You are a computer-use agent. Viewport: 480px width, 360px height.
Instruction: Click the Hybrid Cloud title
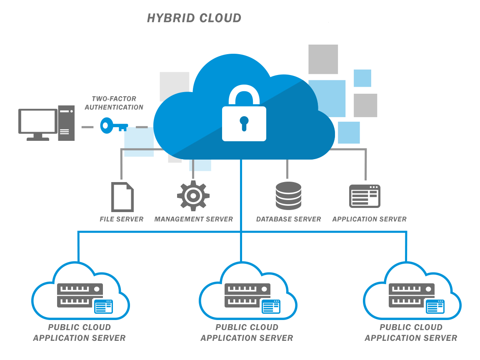point(194,18)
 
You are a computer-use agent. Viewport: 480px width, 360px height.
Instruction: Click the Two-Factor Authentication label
point(114,103)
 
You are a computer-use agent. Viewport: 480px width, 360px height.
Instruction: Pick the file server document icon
point(122,197)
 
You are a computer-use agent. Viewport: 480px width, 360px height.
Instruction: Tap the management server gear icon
point(193,196)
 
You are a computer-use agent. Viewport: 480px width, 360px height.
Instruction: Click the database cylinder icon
point(288,195)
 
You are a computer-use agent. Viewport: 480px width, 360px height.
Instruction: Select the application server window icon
point(365,196)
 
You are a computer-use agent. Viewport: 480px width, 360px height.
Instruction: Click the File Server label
point(121,219)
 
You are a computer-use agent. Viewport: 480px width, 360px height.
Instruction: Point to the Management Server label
point(193,219)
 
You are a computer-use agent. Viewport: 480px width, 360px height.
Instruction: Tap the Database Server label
point(288,219)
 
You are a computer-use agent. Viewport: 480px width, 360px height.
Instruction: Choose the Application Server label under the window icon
point(369,219)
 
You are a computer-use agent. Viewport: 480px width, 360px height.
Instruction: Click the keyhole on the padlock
point(244,123)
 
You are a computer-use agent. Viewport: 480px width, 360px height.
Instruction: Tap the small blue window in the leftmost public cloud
point(103,307)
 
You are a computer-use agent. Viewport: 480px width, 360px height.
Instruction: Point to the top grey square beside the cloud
point(323,59)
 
